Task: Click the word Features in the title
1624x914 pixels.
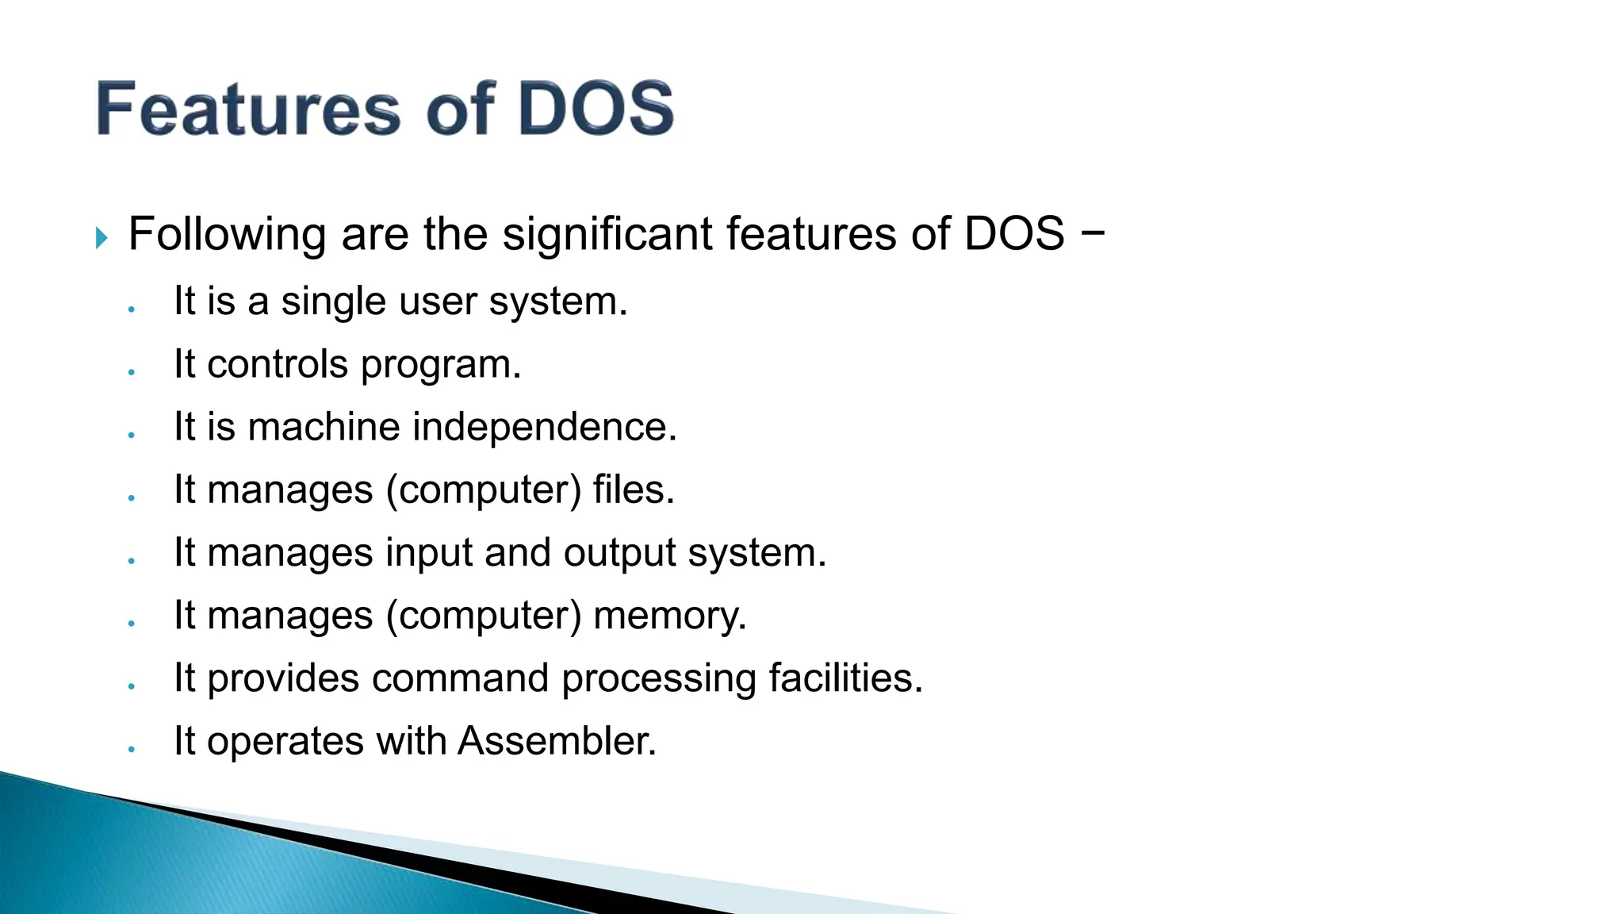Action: (248, 109)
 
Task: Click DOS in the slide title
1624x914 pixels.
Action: (596, 109)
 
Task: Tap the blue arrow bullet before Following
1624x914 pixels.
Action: (101, 237)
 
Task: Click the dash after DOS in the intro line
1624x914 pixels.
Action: (1092, 234)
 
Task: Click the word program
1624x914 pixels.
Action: (441, 366)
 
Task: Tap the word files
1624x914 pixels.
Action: (633, 490)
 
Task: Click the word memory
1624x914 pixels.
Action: (669, 616)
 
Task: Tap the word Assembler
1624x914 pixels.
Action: (557, 741)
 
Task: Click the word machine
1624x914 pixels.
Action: (324, 428)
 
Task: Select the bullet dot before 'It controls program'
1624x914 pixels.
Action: (132, 371)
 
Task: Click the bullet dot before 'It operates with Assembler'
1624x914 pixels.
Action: (132, 748)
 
